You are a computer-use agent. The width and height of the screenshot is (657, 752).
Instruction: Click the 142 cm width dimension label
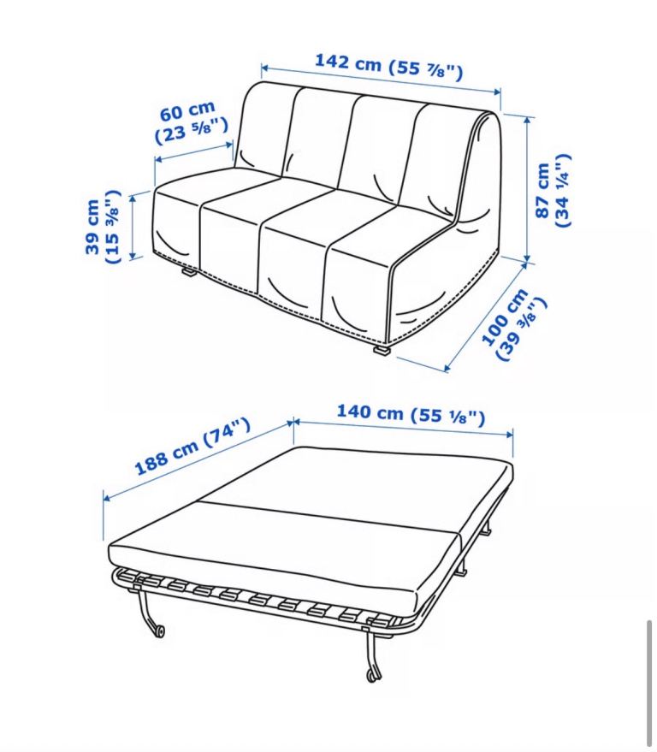[388, 66]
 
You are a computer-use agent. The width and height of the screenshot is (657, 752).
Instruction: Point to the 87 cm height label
[553, 190]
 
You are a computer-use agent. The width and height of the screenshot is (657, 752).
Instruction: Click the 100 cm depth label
[513, 323]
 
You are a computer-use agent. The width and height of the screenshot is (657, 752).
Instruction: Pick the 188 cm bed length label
[192, 446]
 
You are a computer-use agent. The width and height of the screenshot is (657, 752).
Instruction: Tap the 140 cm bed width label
[411, 414]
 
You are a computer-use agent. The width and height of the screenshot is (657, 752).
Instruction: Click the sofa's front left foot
[189, 273]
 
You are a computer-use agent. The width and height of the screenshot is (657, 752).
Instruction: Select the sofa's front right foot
[382, 351]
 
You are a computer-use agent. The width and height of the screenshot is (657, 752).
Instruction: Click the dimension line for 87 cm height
[527, 190]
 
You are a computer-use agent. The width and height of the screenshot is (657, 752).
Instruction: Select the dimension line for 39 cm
[133, 224]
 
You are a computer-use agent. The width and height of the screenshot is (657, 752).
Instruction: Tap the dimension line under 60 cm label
[193, 151]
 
